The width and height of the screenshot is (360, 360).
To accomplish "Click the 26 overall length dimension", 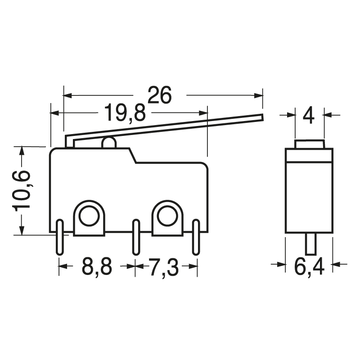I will [x=160, y=95].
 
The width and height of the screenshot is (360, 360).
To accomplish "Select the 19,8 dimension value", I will [x=125, y=113].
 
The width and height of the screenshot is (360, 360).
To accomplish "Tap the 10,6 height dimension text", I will [x=22, y=190].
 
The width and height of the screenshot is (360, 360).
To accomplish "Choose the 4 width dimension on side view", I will [x=309, y=115].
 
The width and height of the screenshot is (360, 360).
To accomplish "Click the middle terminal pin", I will [x=135, y=238].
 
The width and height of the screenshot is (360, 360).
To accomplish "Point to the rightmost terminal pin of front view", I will [x=196, y=238].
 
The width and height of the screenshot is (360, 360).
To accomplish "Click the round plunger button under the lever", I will [x=109, y=143].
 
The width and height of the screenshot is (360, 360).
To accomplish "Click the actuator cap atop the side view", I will [x=309, y=144].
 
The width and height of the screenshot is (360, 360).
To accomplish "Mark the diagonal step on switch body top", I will [x=133, y=156].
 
